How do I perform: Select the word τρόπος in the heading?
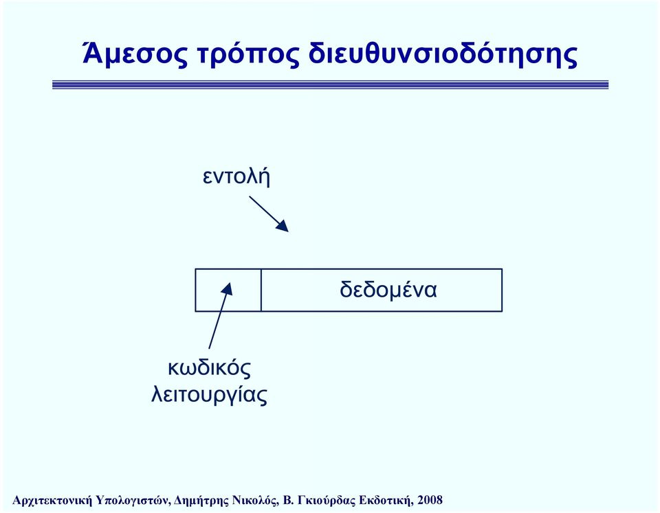coord(248,56)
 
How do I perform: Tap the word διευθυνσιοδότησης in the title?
coord(443,55)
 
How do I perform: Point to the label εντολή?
coord(236,176)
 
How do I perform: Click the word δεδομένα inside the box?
coord(388,290)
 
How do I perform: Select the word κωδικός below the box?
coord(209,368)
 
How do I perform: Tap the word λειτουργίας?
coord(209,395)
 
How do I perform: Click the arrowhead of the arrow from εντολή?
coord(283,226)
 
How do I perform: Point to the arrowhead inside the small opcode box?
coord(228,288)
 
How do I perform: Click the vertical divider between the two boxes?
coord(261,290)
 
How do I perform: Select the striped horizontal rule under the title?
coord(331,84)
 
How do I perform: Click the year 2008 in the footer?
coord(430,500)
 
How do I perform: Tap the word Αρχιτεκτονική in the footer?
coord(52,501)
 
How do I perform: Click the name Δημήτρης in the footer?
coord(195,501)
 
